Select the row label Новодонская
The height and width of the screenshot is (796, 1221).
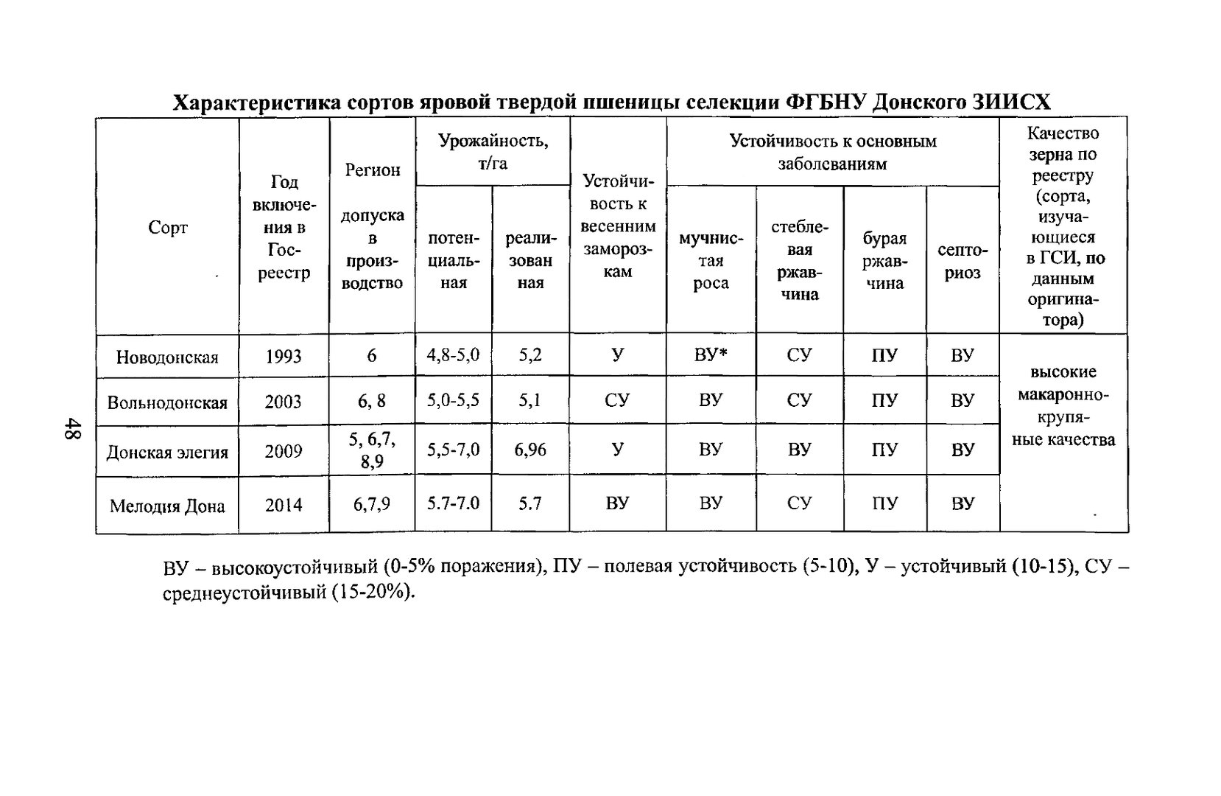pyautogui.click(x=167, y=357)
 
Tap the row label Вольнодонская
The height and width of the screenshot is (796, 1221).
pyautogui.click(x=167, y=402)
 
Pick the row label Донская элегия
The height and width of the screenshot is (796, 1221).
pyautogui.click(x=167, y=452)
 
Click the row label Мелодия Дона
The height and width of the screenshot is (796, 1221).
pyautogui.click(x=167, y=506)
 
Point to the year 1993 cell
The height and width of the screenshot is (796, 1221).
pyautogui.click(x=284, y=357)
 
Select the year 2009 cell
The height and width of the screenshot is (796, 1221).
pyautogui.click(x=284, y=450)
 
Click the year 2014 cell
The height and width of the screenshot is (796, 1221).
pyautogui.click(x=284, y=505)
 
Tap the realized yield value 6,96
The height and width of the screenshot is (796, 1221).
pyautogui.click(x=530, y=450)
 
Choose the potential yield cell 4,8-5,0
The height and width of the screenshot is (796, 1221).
pyautogui.click(x=453, y=355)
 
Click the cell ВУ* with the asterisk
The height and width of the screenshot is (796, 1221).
pyautogui.click(x=711, y=355)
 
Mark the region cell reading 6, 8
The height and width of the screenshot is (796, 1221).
pyautogui.click(x=372, y=401)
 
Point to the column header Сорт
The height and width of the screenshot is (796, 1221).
pyautogui.click(x=168, y=227)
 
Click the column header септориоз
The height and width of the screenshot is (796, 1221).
pyautogui.click(x=963, y=261)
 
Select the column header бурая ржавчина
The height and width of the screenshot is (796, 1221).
pyautogui.click(x=884, y=261)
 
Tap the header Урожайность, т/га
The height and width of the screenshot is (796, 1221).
pyautogui.click(x=493, y=152)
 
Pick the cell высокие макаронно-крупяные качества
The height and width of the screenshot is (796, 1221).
pyautogui.click(x=1063, y=405)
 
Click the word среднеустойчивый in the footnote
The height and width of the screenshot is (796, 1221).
pyautogui.click(x=244, y=593)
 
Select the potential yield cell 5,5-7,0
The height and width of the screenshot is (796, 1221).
pyautogui.click(x=453, y=450)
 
